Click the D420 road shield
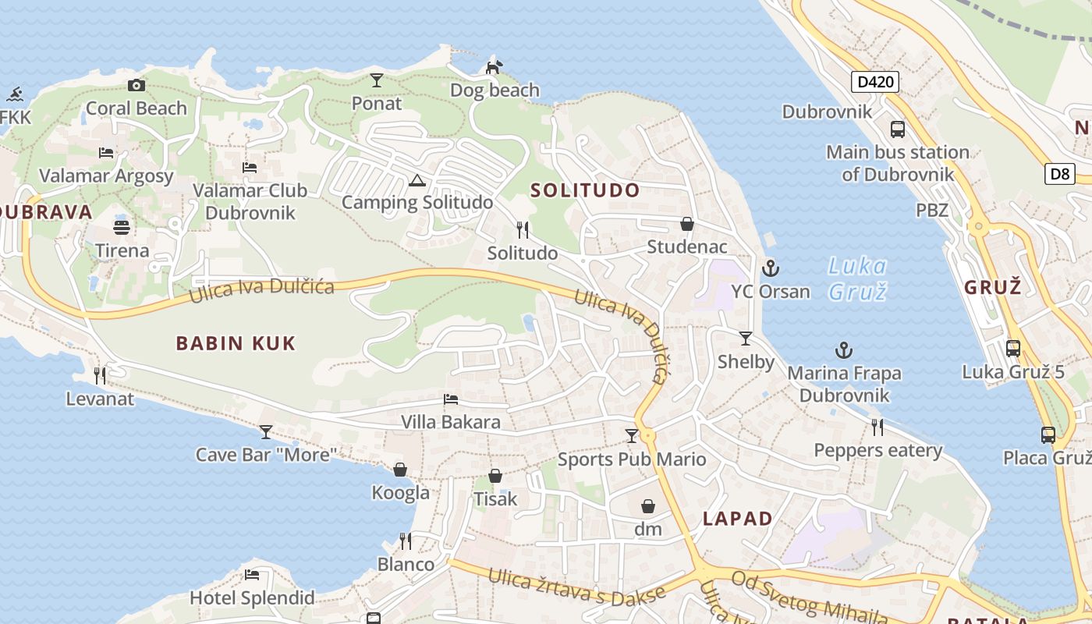coord(874,82)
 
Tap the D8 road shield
coord(1060,173)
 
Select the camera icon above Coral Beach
coord(136,85)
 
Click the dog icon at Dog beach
coord(493,67)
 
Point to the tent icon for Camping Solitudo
coord(417,182)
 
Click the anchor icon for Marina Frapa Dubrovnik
coord(843,350)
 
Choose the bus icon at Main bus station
coord(898,129)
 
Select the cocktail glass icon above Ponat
coord(377,80)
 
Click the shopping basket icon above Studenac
coord(687,225)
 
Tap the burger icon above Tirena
coord(122,228)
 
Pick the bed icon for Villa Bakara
coord(451,399)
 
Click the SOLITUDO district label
coord(585,190)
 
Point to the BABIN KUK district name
coord(236,343)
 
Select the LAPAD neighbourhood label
coord(737,519)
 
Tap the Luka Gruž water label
coord(857,279)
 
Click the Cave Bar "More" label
coord(266,455)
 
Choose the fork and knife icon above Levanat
coord(100,376)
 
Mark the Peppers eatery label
coord(877,451)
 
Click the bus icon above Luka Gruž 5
coord(1012,349)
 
